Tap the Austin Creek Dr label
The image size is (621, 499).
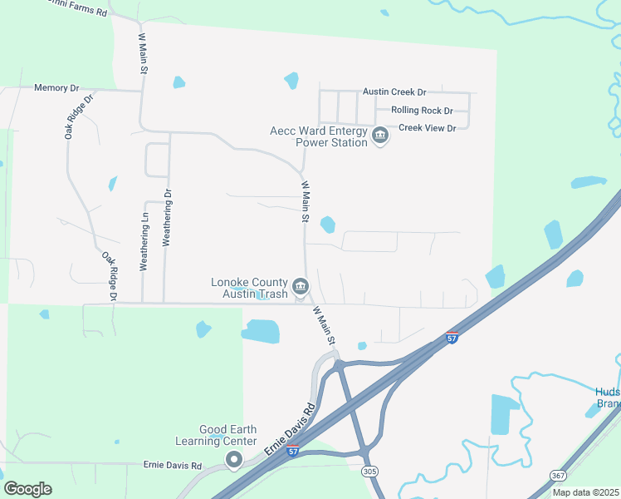pos(394,92)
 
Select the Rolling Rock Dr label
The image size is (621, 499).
pos(422,111)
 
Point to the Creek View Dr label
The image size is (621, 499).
pos(428,128)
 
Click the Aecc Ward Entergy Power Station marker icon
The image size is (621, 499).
pos(380,136)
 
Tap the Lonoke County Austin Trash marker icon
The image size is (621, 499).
pos(301,287)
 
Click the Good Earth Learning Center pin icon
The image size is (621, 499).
pos(234,458)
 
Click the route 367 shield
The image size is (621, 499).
pos(559,474)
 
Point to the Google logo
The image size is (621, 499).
pos(27,489)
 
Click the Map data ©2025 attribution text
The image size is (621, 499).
pos(585,492)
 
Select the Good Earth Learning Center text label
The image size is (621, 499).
pos(216,435)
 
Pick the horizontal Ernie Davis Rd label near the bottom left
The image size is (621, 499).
pos(173,465)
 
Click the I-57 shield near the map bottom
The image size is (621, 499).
pos(292,450)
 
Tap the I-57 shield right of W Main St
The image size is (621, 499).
pos(451,338)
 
